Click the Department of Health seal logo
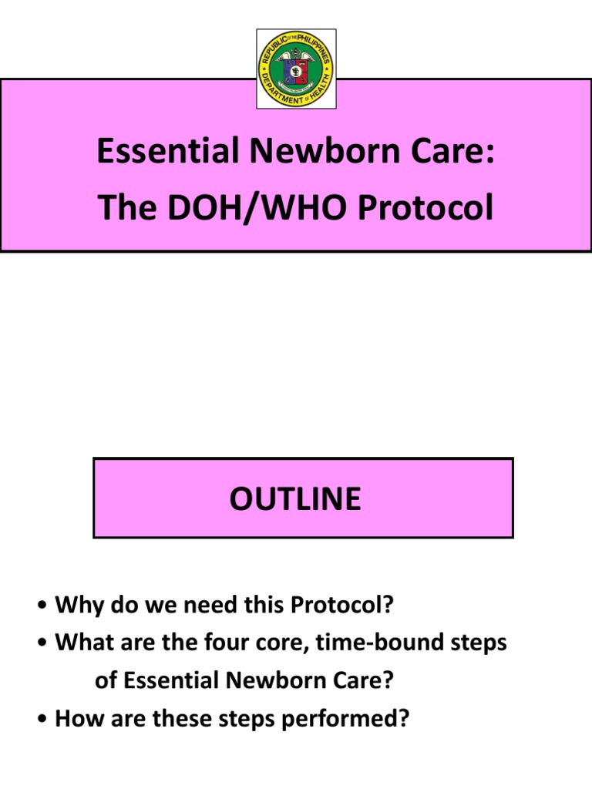296,69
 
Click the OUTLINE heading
295,499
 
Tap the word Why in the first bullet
74,606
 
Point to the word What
80,643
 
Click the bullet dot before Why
43,606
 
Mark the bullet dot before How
43,720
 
